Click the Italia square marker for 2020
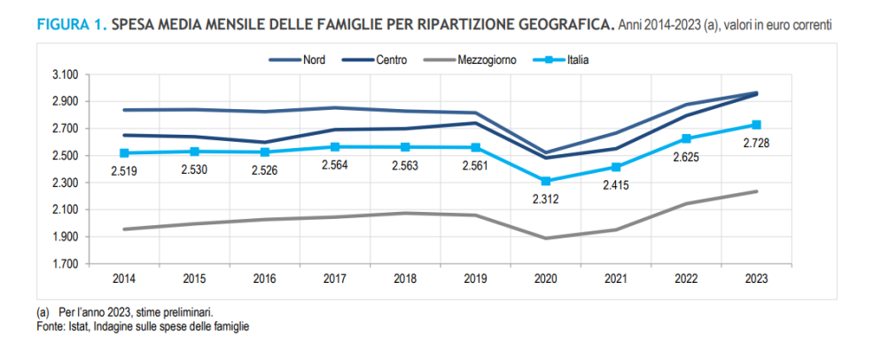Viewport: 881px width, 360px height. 546,181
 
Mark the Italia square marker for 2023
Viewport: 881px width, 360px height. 756,125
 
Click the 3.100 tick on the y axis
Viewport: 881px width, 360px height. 66,74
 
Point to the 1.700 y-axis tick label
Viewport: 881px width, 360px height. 66,264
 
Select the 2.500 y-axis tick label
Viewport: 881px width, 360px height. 66,156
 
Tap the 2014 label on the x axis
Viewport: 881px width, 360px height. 125,278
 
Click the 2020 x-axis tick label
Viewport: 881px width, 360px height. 546,278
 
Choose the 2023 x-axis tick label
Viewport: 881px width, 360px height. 756,278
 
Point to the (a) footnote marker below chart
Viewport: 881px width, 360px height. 42,313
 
